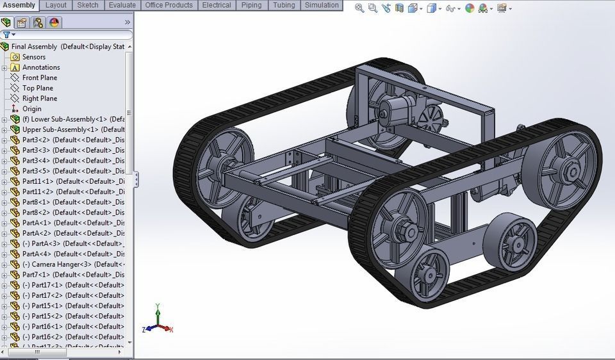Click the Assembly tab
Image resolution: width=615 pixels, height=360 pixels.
pyautogui.click(x=19, y=5)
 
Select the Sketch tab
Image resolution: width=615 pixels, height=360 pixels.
pyautogui.click(x=88, y=5)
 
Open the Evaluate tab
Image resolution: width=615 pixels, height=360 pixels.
pyautogui.click(x=122, y=5)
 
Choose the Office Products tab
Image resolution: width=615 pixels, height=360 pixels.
pyautogui.click(x=168, y=5)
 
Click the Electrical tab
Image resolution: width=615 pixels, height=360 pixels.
pyautogui.click(x=217, y=5)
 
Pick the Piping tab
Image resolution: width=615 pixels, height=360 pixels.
pyautogui.click(x=251, y=5)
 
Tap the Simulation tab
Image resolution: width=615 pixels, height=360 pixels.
pyautogui.click(x=322, y=5)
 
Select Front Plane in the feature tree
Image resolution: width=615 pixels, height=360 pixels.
pyautogui.click(x=40, y=78)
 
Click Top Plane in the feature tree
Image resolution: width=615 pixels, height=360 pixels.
pyautogui.click(x=38, y=88)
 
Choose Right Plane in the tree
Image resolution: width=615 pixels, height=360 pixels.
pyautogui.click(x=40, y=99)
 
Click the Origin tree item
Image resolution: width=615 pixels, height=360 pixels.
pyautogui.click(x=32, y=109)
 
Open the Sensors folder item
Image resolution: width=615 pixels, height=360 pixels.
pyautogui.click(x=34, y=57)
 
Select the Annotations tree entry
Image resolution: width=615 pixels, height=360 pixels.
pyautogui.click(x=41, y=67)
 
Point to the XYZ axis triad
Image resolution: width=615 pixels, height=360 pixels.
pyautogui.click(x=158, y=322)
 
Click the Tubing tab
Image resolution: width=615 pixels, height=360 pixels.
pyautogui.click(x=284, y=5)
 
